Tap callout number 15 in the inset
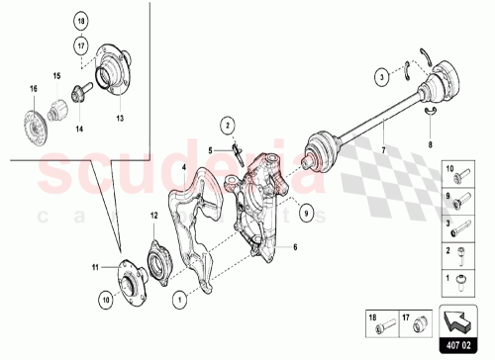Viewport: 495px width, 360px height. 55,76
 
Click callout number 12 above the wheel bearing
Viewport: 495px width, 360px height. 153,216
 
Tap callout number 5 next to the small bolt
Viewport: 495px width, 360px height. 211,148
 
